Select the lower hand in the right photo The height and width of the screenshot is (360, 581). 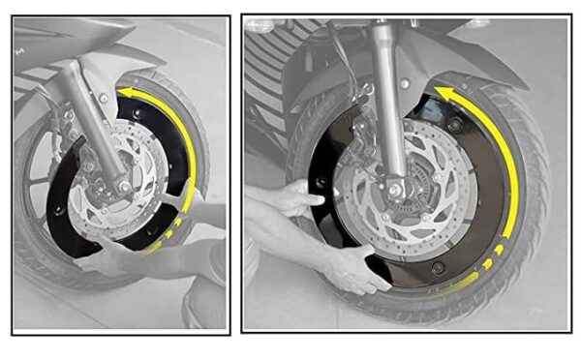pos(353,266)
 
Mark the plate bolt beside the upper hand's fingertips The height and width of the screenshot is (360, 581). pos(320,184)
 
